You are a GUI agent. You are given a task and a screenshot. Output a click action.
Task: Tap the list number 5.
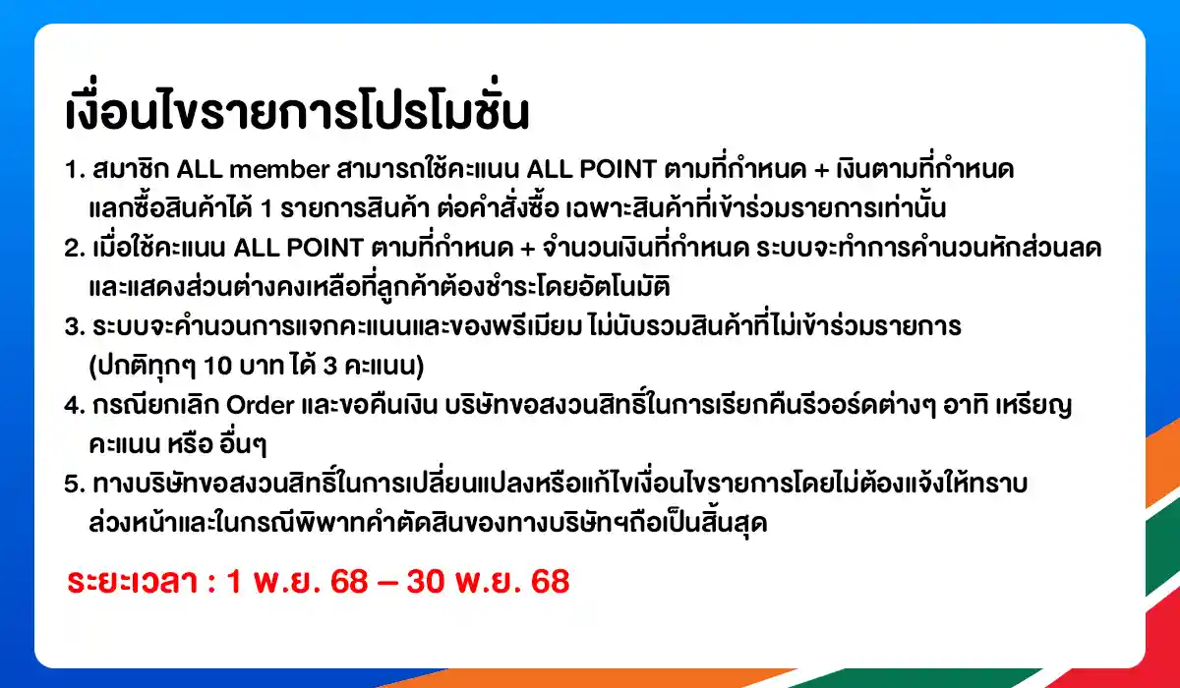(71, 485)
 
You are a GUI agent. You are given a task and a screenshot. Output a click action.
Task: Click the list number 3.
(71, 327)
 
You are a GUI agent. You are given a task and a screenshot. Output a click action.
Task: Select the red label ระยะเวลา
(135, 582)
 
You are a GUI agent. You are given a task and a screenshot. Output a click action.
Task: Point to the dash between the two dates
(386, 582)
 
